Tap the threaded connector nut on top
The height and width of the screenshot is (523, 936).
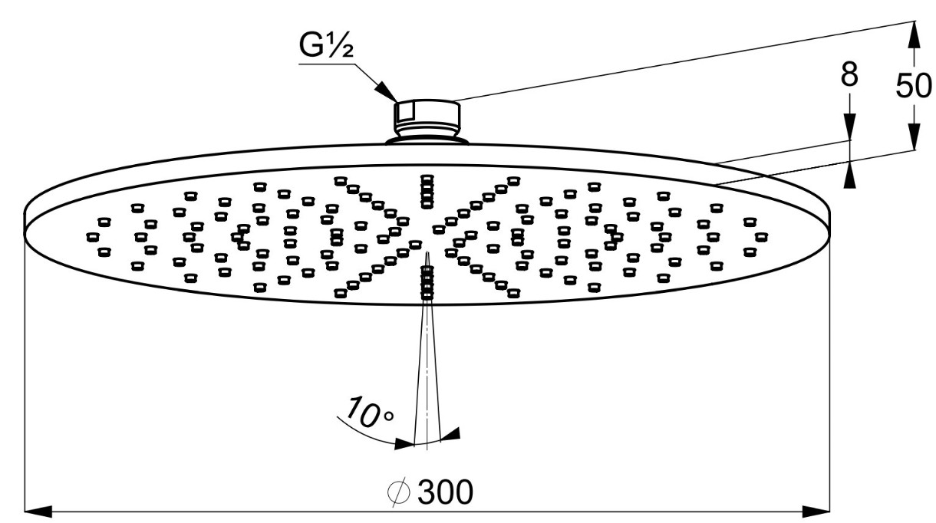[427, 116]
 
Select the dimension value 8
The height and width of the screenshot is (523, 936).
[849, 77]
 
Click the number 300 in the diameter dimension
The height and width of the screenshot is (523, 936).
[445, 492]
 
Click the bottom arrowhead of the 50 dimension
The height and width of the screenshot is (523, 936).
[913, 141]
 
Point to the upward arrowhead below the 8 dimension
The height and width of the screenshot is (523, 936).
[849, 176]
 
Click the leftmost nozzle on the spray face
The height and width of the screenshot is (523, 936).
[91, 236]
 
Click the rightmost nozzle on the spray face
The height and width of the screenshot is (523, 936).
[760, 236]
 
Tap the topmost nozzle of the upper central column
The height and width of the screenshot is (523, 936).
[427, 179]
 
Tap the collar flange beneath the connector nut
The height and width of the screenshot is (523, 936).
[427, 140]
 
